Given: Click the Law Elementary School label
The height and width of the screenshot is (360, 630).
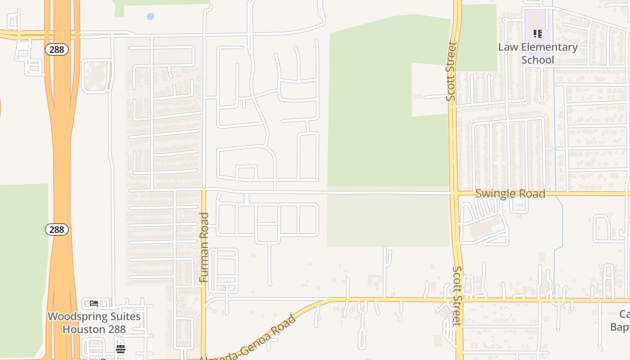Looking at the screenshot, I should coord(538,53).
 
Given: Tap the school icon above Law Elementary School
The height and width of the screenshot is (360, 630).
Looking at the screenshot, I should coord(537,34).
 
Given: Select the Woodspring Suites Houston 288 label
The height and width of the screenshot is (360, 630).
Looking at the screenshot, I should coord(94,323).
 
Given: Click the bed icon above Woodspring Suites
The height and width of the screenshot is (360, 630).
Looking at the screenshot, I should coord(94,303).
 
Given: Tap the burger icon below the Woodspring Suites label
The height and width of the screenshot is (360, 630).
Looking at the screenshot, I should coord(120,349).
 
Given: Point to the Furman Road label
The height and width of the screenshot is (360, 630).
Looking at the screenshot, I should coord(204,247).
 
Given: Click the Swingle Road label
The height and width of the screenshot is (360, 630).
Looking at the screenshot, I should coord(510,194).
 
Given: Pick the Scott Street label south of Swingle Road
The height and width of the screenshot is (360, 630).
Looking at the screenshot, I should coord(457,296).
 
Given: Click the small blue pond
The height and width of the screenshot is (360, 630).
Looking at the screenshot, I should coord(150,17).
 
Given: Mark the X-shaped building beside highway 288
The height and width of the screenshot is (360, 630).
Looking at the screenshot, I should coord(96,76).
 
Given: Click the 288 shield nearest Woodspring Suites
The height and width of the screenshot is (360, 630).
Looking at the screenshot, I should coord(57,229).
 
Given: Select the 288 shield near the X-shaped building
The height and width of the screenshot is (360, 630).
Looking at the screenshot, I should coord(57,49).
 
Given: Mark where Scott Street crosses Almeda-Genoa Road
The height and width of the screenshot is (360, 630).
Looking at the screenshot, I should coord(459,299).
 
